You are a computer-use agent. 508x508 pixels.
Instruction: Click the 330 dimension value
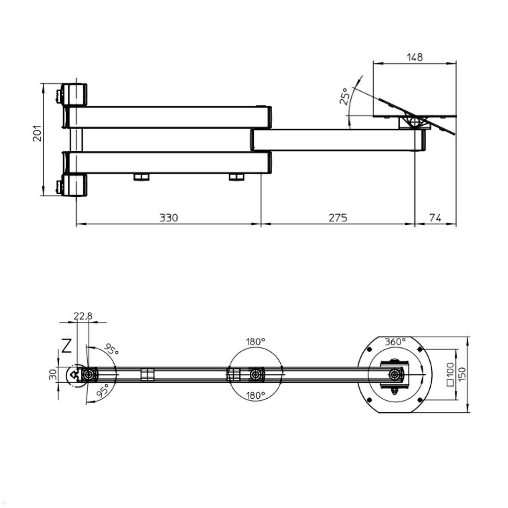pos(168,218)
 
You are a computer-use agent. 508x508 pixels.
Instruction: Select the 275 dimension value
pos(337,218)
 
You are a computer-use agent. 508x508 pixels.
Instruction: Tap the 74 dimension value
pos(435,218)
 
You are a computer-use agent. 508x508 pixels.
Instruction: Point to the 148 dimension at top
pos(414,57)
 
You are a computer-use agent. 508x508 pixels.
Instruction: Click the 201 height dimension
pos(38,133)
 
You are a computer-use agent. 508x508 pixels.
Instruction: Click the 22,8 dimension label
pos(83,316)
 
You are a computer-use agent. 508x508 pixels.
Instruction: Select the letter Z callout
pos(66,346)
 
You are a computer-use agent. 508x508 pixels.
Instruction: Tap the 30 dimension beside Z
pos(53,374)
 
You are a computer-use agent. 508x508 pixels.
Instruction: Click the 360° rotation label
pos(395,341)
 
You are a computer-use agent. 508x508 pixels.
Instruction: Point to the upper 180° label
pos(255,341)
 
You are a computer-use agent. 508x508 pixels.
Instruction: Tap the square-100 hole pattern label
pos(450,374)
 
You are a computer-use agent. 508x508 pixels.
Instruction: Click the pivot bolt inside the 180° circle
pos(255,374)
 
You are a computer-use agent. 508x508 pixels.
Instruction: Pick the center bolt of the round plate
pos(395,374)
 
